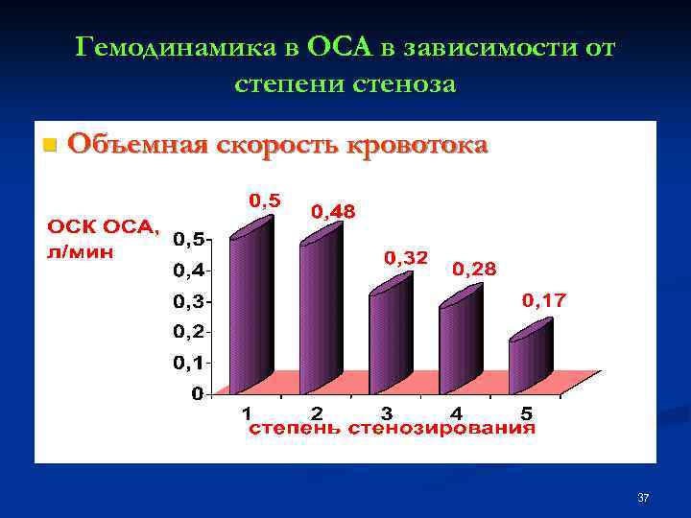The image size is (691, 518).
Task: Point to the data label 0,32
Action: [x=406, y=257]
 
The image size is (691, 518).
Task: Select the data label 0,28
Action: [x=474, y=270]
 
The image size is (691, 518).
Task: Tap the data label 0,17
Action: [x=544, y=300]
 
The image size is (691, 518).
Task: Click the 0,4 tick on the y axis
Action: [x=188, y=271]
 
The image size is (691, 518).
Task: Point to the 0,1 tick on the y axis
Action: [x=188, y=363]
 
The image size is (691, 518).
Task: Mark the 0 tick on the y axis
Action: [x=197, y=393]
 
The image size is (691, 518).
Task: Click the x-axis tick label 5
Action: [x=526, y=413]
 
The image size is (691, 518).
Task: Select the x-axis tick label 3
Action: [x=386, y=413]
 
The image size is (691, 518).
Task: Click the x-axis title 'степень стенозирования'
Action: [x=393, y=429]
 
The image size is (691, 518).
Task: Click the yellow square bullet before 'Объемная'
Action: [x=50, y=146]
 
